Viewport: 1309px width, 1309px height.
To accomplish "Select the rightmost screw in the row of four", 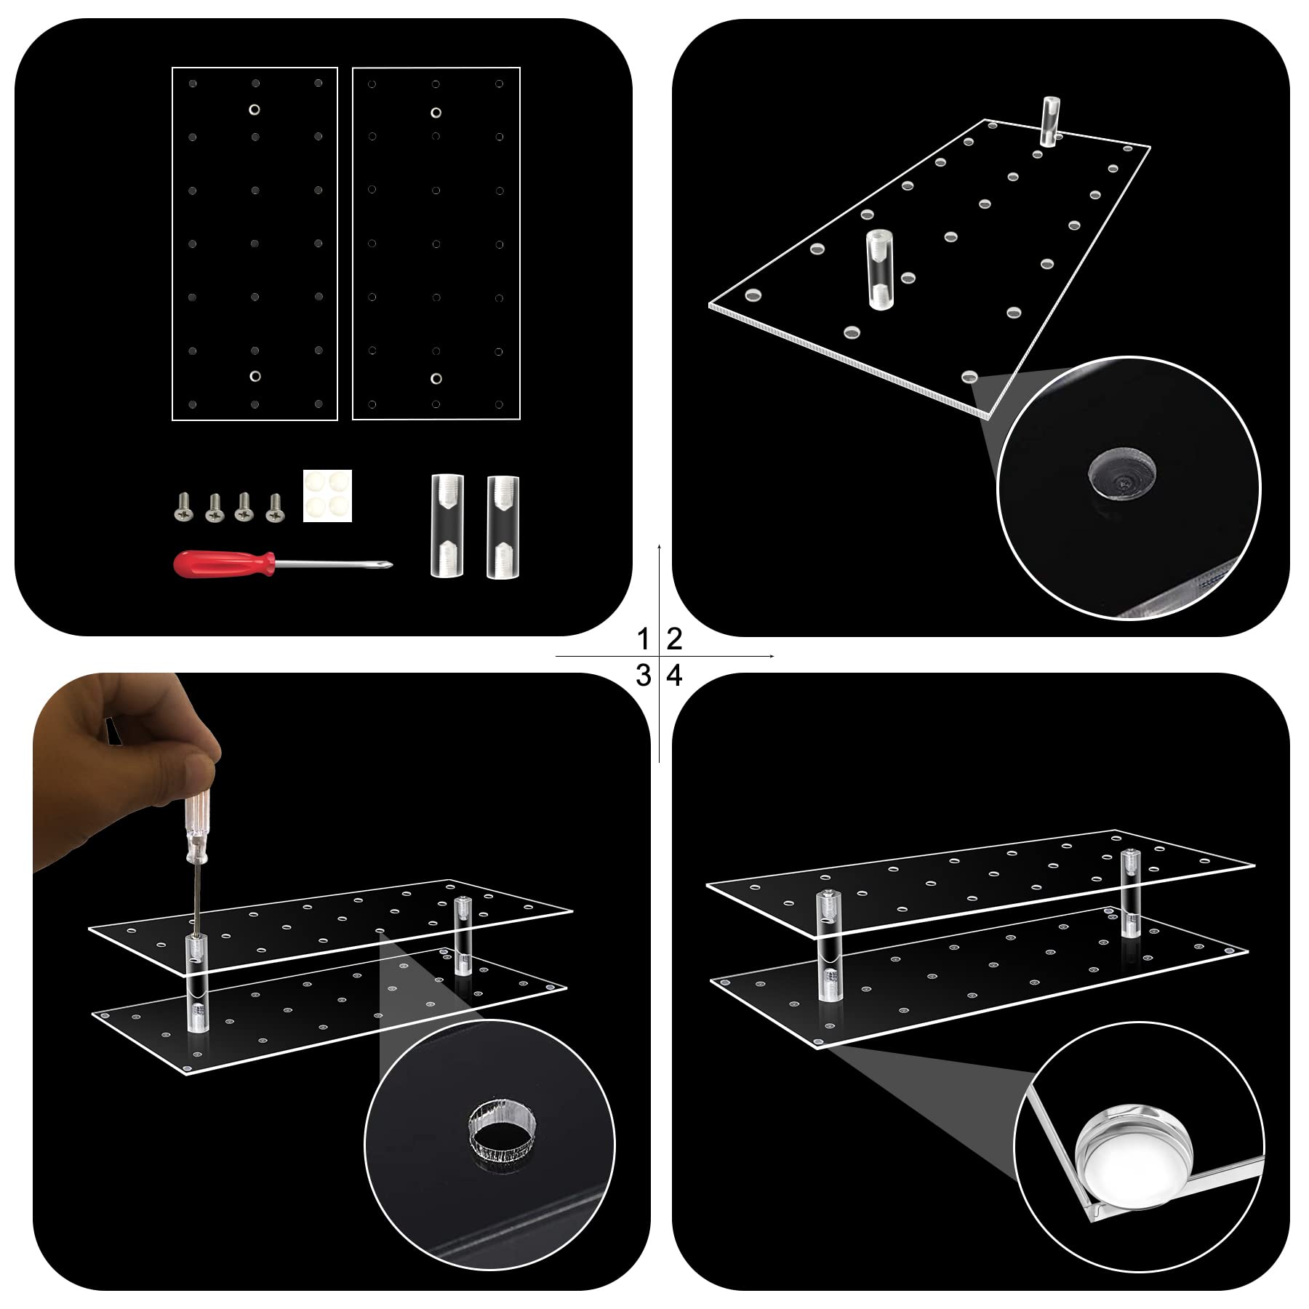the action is (x=275, y=507).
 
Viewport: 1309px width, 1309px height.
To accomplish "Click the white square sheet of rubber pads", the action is (x=327, y=495).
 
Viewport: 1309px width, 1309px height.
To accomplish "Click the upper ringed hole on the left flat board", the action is (x=255, y=110).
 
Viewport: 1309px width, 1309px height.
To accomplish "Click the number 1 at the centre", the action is (x=643, y=640).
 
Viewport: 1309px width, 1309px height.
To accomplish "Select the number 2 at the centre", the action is (x=674, y=640).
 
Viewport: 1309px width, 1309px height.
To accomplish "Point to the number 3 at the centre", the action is (x=643, y=676).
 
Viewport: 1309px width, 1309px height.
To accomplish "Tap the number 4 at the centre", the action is (x=675, y=676).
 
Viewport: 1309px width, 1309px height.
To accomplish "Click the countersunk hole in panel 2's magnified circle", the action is (x=1124, y=476).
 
